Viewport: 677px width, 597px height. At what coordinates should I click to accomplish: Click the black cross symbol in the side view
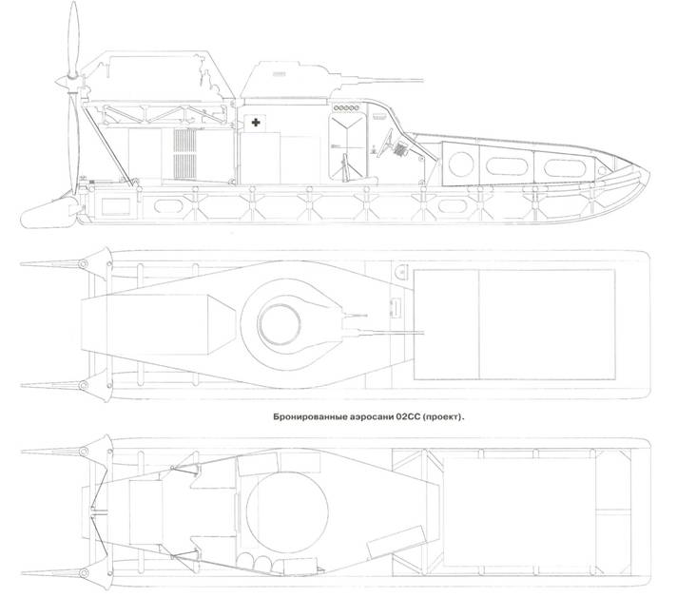click(256, 123)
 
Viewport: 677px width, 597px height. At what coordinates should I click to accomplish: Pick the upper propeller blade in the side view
click(74, 38)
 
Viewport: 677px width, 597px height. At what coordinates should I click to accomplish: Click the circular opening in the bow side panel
click(461, 164)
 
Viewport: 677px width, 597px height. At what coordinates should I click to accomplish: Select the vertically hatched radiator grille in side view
click(184, 154)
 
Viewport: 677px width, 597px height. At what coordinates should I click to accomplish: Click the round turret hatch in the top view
click(280, 325)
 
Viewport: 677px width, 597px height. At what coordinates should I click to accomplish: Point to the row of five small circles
click(346, 108)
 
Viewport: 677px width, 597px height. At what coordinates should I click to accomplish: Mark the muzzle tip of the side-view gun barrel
click(423, 80)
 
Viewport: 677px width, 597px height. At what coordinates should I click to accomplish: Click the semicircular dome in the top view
click(401, 272)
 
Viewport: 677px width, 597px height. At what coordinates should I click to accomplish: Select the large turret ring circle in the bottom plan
click(287, 513)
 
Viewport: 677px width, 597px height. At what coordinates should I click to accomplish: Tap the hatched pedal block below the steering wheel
click(399, 150)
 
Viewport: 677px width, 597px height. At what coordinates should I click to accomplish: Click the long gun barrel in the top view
click(385, 333)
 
